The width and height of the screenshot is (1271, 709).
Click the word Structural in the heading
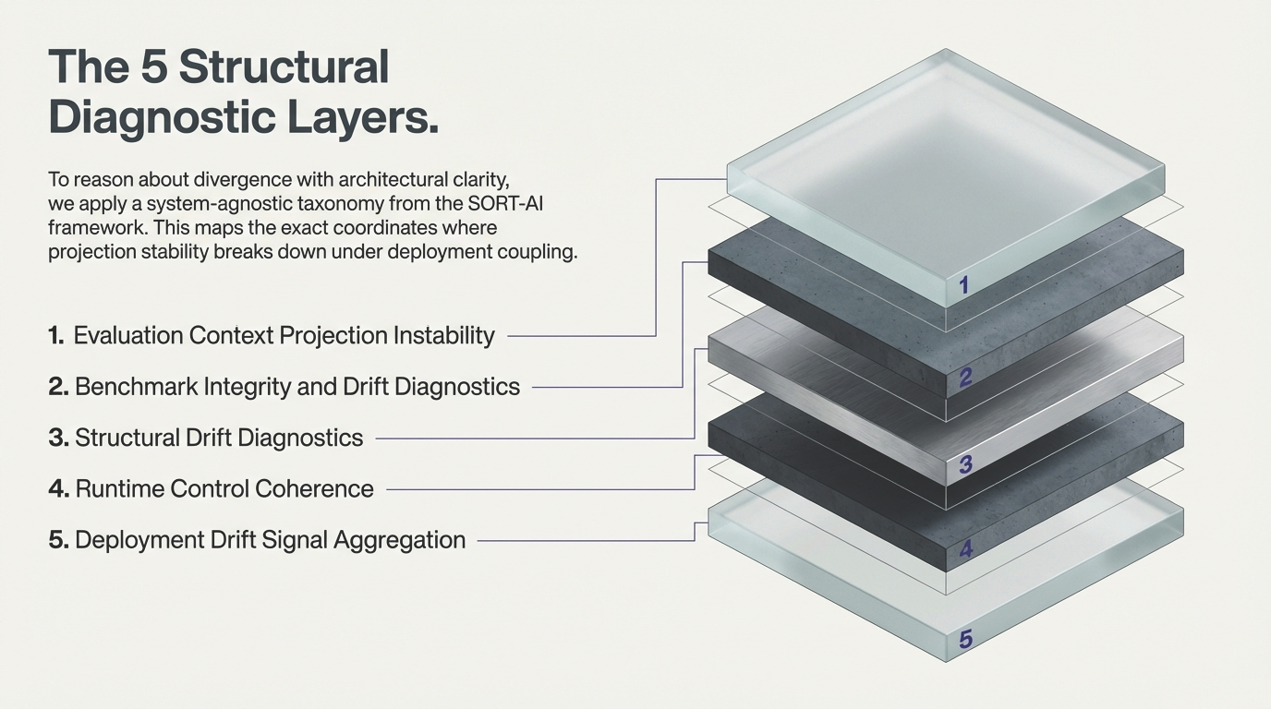(x=284, y=68)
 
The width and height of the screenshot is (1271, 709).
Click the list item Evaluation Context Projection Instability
(x=284, y=335)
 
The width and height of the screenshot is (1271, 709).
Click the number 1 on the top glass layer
(x=963, y=285)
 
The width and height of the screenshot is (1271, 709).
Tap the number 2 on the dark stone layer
(x=966, y=377)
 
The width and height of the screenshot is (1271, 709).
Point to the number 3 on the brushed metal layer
(x=965, y=464)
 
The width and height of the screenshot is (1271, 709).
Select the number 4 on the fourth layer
(x=966, y=550)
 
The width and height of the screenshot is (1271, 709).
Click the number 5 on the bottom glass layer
(x=965, y=639)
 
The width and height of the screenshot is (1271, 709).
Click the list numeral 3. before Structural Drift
(x=58, y=437)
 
